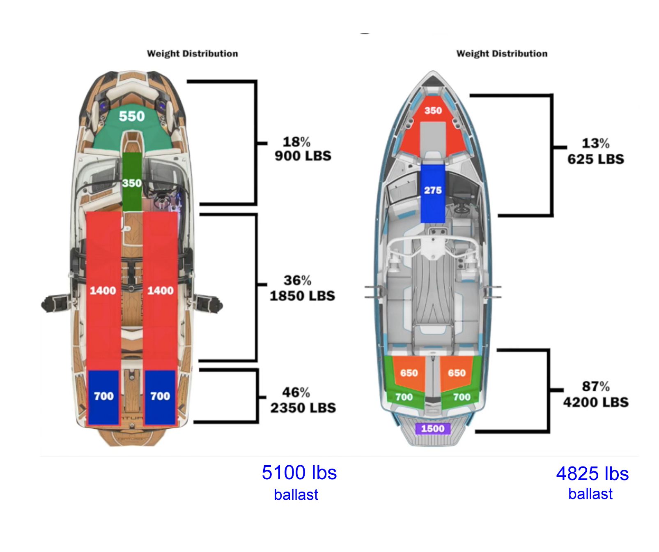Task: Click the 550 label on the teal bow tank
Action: click(x=132, y=116)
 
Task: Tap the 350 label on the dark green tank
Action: click(x=132, y=183)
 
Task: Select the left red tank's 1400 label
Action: click(x=103, y=291)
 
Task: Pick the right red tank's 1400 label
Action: click(x=160, y=291)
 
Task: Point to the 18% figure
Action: click(x=296, y=142)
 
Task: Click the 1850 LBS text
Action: click(x=302, y=296)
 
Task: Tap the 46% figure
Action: click(x=296, y=392)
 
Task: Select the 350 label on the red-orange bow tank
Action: click(x=433, y=111)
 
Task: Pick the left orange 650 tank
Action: click(x=409, y=372)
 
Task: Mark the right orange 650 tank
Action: click(x=457, y=372)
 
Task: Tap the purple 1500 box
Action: click(x=433, y=429)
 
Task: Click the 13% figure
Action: click(x=595, y=143)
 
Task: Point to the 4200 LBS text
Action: click(x=596, y=402)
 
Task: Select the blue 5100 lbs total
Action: click(x=299, y=473)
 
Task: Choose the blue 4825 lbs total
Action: click(x=592, y=473)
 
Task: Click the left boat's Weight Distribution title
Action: click(x=193, y=53)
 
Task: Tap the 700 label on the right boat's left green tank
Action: click(x=404, y=397)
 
